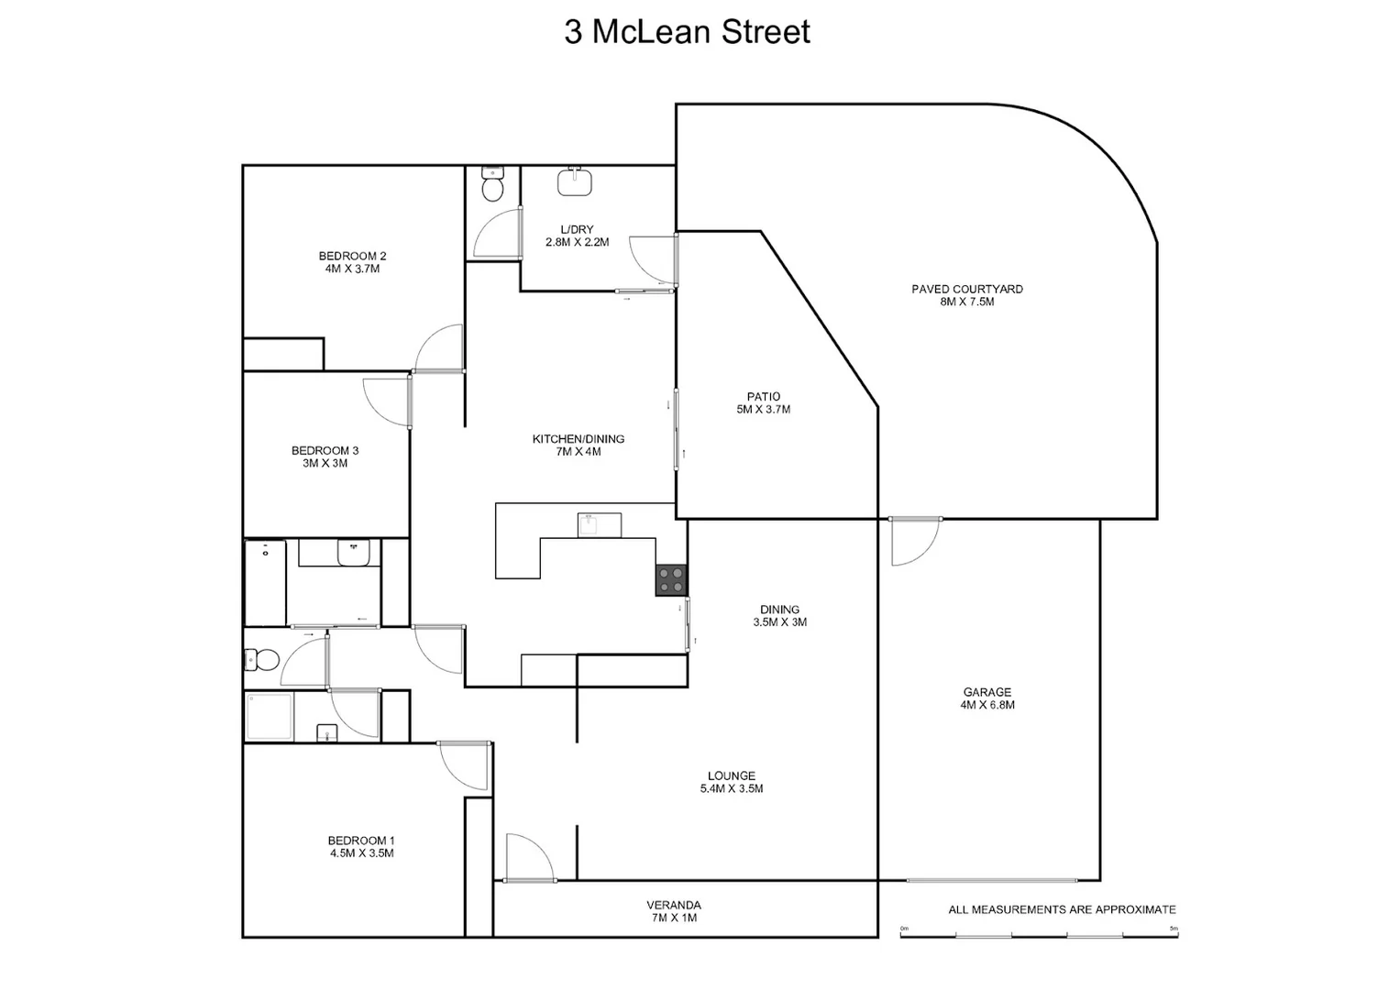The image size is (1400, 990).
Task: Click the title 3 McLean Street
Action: [x=687, y=32]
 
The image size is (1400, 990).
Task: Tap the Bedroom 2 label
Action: [x=352, y=256]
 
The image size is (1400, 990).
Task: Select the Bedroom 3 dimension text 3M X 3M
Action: [x=325, y=463]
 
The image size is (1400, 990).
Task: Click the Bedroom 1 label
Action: [x=361, y=841]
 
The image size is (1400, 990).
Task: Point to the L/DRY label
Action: [x=577, y=229]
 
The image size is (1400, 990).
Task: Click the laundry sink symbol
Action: [x=574, y=181]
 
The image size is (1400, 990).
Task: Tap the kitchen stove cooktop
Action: [x=670, y=580]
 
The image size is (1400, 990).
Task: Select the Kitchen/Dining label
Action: [x=579, y=439]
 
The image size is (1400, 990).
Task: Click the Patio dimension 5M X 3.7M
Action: [x=763, y=410]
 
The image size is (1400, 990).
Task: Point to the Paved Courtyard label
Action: [x=967, y=289]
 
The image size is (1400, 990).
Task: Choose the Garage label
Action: [x=987, y=692]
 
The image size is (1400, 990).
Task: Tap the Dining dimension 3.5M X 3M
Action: [x=779, y=621]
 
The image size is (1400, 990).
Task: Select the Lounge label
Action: [x=732, y=775]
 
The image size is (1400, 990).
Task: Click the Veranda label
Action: [x=673, y=905]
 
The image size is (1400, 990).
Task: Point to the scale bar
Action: [x=1039, y=934]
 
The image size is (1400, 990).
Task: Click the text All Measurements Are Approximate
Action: [x=1062, y=909]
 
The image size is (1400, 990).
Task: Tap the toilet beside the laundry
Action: [x=492, y=184]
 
